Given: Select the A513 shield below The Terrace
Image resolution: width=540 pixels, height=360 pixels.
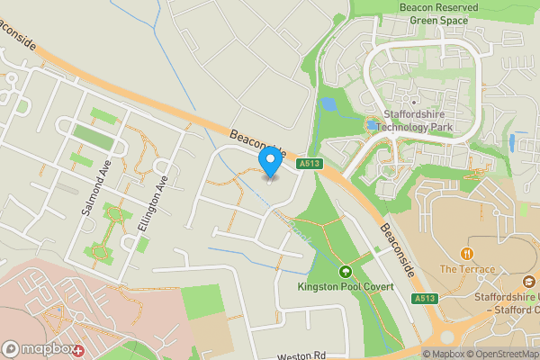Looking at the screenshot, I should [x=424, y=298].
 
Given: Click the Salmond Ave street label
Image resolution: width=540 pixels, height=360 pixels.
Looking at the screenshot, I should [x=94, y=192].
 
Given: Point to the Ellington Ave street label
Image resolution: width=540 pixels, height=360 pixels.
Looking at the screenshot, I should [x=148, y=204].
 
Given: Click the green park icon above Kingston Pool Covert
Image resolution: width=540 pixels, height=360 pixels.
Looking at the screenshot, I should [x=344, y=271].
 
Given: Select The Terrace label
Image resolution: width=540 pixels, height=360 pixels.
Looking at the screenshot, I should [x=467, y=269].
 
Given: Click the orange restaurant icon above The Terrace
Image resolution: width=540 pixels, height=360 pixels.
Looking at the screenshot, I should [x=467, y=254].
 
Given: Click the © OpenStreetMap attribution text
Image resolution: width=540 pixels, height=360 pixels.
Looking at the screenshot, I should [x=503, y=354].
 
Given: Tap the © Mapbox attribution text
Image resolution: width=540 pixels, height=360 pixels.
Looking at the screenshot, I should [x=443, y=354].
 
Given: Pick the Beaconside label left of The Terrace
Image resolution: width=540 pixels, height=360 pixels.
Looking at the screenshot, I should [x=395, y=249].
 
